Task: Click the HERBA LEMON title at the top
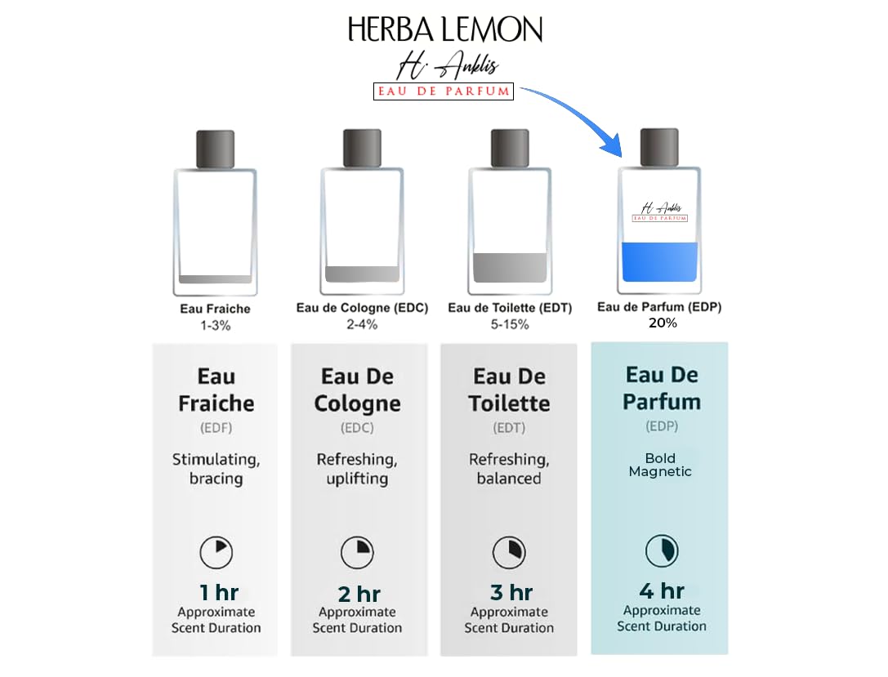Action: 444,30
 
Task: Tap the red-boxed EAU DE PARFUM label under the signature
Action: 444,91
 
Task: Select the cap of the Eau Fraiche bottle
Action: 216,149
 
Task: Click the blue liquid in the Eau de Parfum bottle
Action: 660,262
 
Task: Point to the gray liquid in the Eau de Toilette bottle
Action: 510,268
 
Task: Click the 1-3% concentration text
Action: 216,325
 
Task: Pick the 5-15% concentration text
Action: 510,325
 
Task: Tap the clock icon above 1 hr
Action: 216,553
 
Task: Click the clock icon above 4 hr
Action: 661,551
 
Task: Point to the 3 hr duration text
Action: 510,592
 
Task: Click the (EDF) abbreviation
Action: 216,428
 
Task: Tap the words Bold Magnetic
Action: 660,465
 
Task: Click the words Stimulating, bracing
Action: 216,469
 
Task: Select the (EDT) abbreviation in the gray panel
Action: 509,428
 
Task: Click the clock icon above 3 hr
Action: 509,553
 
